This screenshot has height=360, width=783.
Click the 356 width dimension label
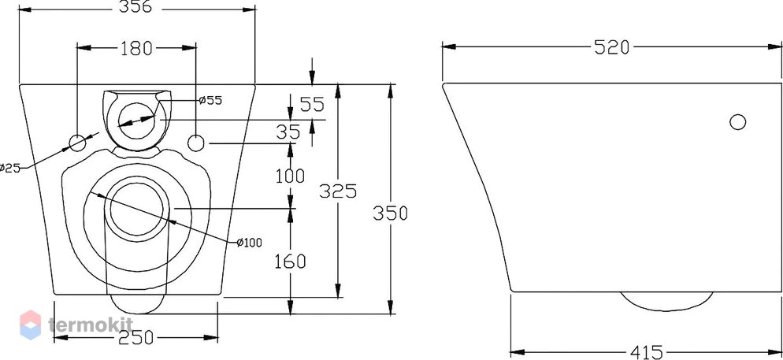pyautogui.click(x=135, y=7)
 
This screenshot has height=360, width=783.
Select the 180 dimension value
pyautogui.click(x=136, y=48)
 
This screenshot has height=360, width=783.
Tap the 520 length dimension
pyautogui.click(x=612, y=47)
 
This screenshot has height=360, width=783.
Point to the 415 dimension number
pyautogui.click(x=646, y=352)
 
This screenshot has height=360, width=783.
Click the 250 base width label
pyautogui.click(x=136, y=338)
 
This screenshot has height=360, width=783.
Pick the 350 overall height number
pyautogui.click(x=390, y=213)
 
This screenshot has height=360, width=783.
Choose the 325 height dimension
pyautogui.click(x=338, y=191)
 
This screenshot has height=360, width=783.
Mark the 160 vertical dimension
pyautogui.click(x=290, y=261)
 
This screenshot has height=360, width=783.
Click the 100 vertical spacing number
pyautogui.click(x=290, y=176)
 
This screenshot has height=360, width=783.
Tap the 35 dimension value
pyautogui.click(x=289, y=132)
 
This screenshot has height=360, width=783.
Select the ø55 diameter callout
pyautogui.click(x=210, y=100)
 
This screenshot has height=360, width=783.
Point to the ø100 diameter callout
pyautogui.click(x=249, y=243)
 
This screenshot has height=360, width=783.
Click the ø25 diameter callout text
pyautogui.click(x=10, y=168)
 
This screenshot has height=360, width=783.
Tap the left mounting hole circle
pyautogui.click(x=77, y=143)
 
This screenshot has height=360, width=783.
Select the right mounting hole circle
pyautogui.click(x=196, y=143)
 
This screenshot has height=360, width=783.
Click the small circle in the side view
pyautogui.click(x=737, y=122)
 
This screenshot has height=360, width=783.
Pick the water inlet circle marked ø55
pyautogui.click(x=137, y=121)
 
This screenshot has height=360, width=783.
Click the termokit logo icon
pyautogui.click(x=31, y=325)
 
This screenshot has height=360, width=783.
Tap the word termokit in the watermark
pyautogui.click(x=91, y=325)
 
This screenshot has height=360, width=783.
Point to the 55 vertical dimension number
pyautogui.click(x=312, y=104)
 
